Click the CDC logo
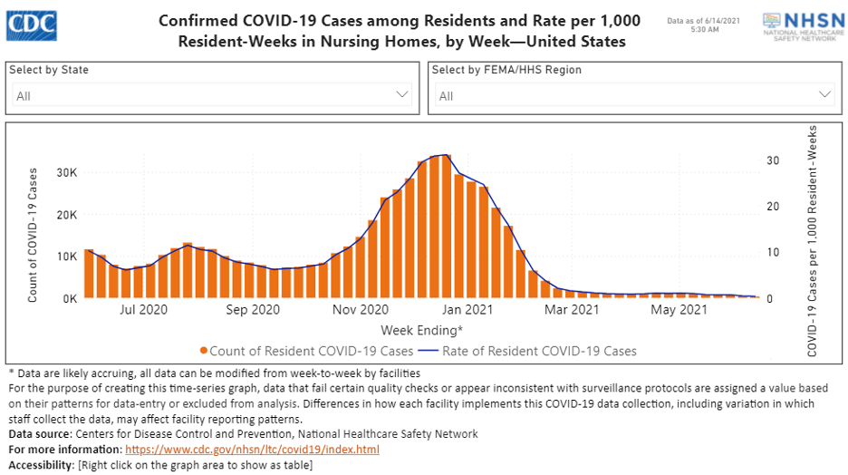[x=33, y=24]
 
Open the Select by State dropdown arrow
[x=403, y=94]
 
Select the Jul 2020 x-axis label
[x=144, y=310]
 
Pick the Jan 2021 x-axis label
[x=466, y=310]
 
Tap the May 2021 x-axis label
[x=679, y=310]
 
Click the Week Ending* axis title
[x=421, y=329]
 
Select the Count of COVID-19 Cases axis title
[x=34, y=234]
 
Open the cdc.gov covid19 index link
[x=252, y=450]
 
